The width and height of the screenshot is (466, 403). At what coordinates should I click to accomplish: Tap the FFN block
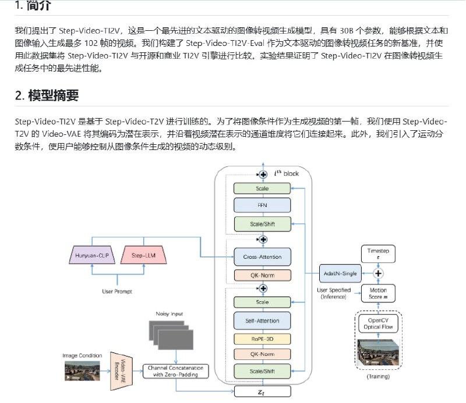pos(262,205)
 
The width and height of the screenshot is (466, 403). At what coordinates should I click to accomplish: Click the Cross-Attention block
pos(262,256)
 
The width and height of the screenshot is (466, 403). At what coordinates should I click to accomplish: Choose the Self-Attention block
pos(262,320)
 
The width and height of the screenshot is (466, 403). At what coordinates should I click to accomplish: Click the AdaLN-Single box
pos(340,273)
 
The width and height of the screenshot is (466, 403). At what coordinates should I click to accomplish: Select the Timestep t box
pos(377,252)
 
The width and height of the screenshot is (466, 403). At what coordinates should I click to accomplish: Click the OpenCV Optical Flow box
pos(377,323)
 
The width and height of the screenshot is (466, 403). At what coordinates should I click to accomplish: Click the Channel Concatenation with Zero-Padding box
pos(175,371)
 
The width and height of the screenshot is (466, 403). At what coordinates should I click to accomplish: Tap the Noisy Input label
pos(169,314)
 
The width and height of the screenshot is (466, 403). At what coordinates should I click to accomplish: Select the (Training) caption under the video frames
pos(377,376)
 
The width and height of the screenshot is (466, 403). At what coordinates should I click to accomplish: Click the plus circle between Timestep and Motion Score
pos(377,273)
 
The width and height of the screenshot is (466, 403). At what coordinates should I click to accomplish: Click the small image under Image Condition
pos(82,370)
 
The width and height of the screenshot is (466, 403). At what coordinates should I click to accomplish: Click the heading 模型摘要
pos(53,95)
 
